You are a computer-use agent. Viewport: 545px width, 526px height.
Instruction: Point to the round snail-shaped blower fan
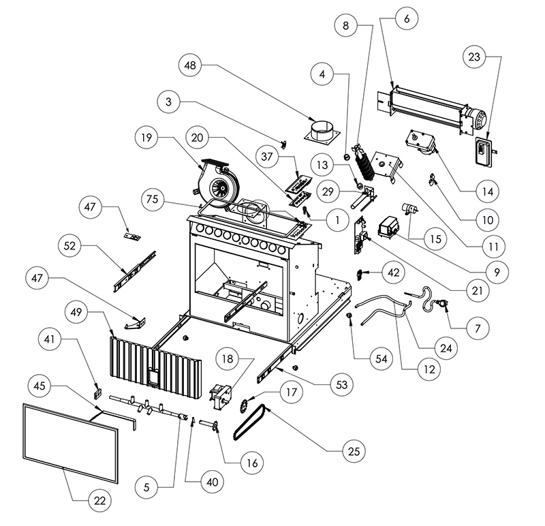[219, 182]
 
